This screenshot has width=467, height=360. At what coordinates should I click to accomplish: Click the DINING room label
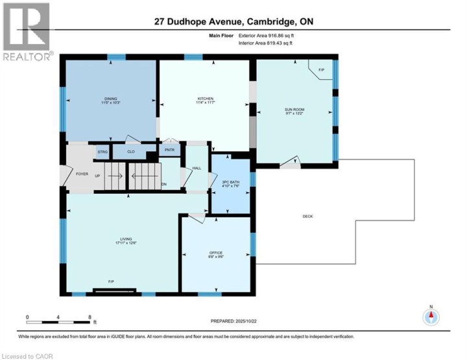point(111,99)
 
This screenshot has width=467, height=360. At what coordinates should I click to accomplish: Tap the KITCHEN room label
point(205,99)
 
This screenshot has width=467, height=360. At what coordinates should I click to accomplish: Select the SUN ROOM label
point(295,110)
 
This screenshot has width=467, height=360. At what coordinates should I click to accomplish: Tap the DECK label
point(307,216)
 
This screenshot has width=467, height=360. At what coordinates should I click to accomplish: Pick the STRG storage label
point(102,152)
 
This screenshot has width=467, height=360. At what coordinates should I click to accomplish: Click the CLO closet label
point(130,152)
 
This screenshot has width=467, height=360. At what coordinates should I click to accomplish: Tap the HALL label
point(196,169)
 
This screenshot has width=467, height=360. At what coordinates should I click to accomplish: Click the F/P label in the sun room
point(320,70)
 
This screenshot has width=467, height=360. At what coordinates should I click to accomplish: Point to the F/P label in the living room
point(112,282)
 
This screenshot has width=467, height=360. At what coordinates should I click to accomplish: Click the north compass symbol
point(431,317)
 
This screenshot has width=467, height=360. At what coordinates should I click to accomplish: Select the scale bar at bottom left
point(58,318)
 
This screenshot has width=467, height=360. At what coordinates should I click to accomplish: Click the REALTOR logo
point(27,32)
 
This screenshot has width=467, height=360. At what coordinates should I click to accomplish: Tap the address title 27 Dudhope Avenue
point(233,22)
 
